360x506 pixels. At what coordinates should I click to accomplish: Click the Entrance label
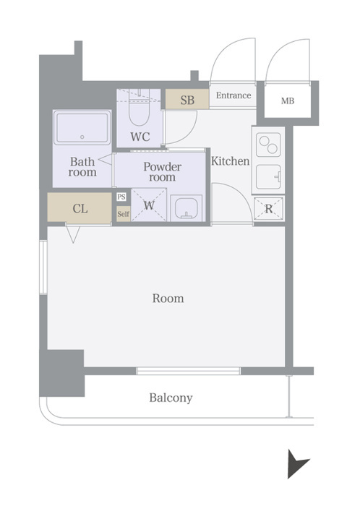[x=233, y=95]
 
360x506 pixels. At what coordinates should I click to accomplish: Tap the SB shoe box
[x=187, y=99]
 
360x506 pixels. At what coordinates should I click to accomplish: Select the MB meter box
[x=288, y=101]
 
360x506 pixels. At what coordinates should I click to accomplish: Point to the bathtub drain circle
[x=82, y=137]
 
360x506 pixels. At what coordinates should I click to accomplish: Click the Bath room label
[x=82, y=166]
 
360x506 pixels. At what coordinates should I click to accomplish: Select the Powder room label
[x=162, y=172]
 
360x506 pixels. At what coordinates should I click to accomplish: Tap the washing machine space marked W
[x=149, y=205]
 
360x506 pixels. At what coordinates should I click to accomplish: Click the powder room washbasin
[x=187, y=208]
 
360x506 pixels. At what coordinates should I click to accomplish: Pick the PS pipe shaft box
[x=121, y=197]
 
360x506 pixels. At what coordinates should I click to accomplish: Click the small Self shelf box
[x=123, y=214]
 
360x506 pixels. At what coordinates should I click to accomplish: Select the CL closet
[x=80, y=207]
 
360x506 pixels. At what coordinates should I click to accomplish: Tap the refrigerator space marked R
[x=268, y=209]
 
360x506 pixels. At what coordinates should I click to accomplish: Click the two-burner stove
[x=268, y=145]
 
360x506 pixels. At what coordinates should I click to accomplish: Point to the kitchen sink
[x=268, y=177]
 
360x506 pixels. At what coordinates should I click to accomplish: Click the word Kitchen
[x=231, y=161]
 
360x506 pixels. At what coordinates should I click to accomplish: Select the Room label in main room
[x=168, y=298]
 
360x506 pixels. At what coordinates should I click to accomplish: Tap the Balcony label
[x=171, y=398]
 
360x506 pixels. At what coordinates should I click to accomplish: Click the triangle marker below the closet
[x=73, y=235]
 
